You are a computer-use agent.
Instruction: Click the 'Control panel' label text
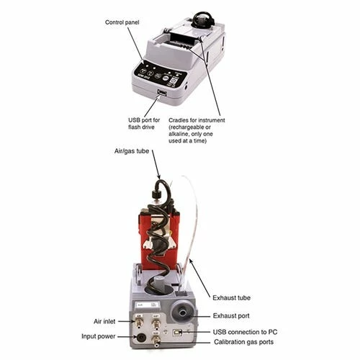click(122, 22)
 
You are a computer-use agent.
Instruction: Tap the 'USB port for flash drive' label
click(144, 123)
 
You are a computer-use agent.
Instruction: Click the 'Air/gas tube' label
click(132, 151)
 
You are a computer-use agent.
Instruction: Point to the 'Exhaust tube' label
click(232, 297)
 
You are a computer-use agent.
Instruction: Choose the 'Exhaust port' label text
click(231, 315)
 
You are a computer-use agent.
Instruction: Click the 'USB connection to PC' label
click(245, 332)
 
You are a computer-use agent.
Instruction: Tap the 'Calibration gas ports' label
click(244, 342)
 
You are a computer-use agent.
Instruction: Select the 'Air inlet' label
click(104, 321)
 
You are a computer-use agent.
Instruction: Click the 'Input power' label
click(99, 336)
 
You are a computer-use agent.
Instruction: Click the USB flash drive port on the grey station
click(162, 93)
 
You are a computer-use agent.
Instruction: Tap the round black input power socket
click(141, 338)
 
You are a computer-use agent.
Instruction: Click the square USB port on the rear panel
click(177, 333)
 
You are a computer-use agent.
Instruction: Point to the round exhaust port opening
click(183, 312)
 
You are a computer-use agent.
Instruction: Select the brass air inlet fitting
click(139, 323)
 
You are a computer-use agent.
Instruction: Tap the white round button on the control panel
click(166, 78)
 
